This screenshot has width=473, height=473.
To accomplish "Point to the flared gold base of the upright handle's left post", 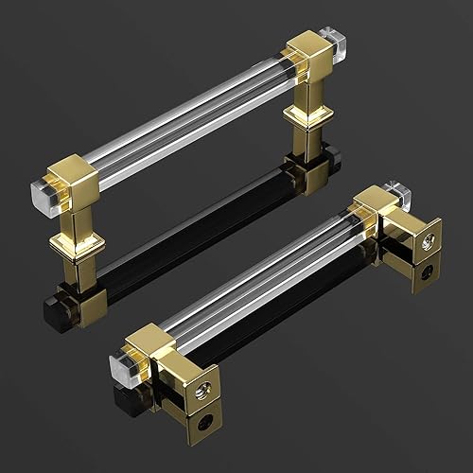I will [x=73, y=244].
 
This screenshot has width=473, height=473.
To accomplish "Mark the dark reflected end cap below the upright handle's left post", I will [x=52, y=307].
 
